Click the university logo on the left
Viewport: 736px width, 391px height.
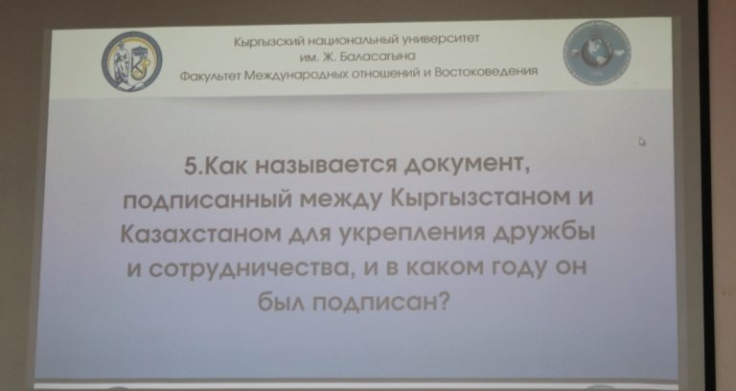(132, 61)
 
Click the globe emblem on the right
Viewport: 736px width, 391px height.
(597, 53)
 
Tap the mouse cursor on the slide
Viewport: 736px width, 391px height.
(642, 141)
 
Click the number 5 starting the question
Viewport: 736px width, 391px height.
(191, 166)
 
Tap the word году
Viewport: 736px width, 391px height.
(513, 267)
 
